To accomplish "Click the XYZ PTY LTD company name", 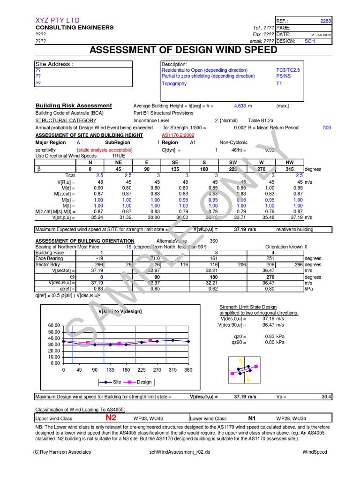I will [58, 20].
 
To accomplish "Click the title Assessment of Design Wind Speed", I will [180, 50].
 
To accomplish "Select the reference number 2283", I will [325, 21].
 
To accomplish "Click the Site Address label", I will [54, 64].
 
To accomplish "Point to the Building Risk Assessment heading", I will [74, 106].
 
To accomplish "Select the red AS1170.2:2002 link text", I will [179, 135].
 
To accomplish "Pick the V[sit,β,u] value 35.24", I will [97, 217].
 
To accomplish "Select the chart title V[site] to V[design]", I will [120, 312].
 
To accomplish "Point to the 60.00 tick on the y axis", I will [54, 325].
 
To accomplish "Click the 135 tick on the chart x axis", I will [111, 370].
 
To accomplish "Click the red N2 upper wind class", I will [111, 418].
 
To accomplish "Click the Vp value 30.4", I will [326, 397].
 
